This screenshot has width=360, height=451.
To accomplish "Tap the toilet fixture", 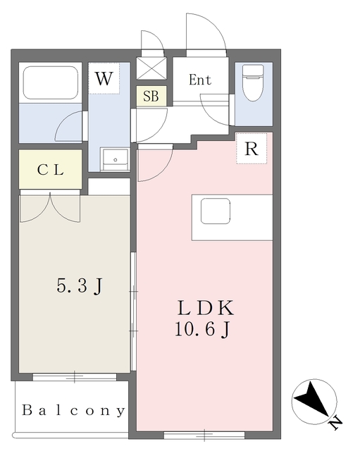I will pos(252,84).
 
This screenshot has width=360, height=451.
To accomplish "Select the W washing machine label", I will pos(104,79).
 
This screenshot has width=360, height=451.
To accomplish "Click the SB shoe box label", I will pos(151,97).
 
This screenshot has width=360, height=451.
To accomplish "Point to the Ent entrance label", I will pos(200,80).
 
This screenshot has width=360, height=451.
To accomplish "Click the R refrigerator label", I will pos(251,149).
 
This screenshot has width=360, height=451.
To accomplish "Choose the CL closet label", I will pos(51,170).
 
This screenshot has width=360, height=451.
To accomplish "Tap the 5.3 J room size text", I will pos(80,286).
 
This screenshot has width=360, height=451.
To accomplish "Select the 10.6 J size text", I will pos(204,328).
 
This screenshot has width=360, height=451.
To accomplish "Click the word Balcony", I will pos(73,410).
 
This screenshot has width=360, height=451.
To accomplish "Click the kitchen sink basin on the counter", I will pos(216,211).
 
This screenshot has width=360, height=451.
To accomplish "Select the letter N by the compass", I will pos(335,422).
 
